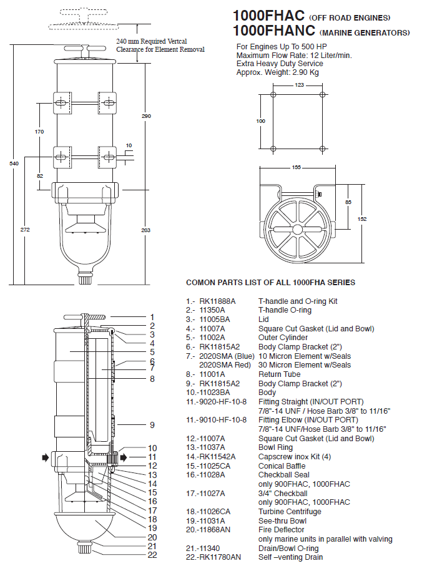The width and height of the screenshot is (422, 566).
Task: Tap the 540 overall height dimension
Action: pyautogui.click(x=14, y=163)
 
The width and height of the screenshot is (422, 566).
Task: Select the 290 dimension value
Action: pyautogui.click(x=146, y=116)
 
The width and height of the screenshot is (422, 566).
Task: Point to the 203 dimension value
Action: pyautogui.click(x=146, y=230)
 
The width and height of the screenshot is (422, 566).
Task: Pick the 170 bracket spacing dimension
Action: pyautogui.click(x=39, y=132)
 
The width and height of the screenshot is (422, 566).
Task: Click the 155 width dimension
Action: pyautogui.click(x=297, y=167)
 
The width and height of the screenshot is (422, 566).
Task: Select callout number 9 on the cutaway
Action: pyautogui.click(x=152, y=425)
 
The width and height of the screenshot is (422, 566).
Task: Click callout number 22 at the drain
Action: pyautogui.click(x=152, y=555)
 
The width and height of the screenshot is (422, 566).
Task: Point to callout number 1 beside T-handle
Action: pyautogui.click(x=152, y=317)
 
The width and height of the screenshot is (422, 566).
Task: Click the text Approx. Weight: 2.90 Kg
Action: pyautogui.click(x=277, y=72)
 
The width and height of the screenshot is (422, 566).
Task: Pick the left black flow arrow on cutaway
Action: pyautogui.click(x=45, y=457)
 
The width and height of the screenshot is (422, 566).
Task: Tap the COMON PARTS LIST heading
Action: pyautogui.click(x=270, y=283)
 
